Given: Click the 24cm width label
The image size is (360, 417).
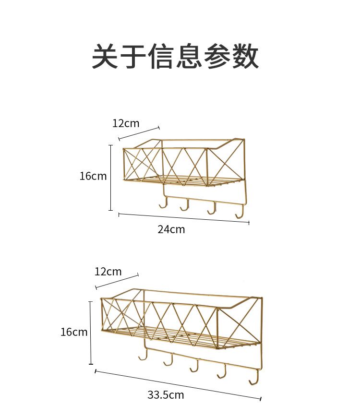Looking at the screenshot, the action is (171, 229).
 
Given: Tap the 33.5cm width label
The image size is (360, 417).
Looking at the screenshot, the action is (166, 394).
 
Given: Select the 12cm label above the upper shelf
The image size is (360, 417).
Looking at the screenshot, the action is (126, 123).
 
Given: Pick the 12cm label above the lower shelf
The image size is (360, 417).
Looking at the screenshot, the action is (108, 272).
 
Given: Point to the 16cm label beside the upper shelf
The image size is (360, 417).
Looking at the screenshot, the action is (93, 176).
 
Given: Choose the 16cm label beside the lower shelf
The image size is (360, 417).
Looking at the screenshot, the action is (74, 332).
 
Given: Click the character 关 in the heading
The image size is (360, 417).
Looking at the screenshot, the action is (105, 56).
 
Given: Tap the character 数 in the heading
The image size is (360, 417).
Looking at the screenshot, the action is (245, 56).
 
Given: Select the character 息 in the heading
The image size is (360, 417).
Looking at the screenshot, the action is (189, 56).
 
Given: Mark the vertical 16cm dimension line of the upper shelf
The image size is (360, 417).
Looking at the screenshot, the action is (111, 178).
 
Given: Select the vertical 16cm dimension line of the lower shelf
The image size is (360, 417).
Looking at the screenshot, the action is (91, 333).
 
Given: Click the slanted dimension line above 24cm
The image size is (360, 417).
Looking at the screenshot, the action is (184, 218).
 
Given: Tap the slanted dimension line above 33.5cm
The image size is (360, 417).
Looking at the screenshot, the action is (178, 385).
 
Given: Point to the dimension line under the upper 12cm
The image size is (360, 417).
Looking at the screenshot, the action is (139, 133).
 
